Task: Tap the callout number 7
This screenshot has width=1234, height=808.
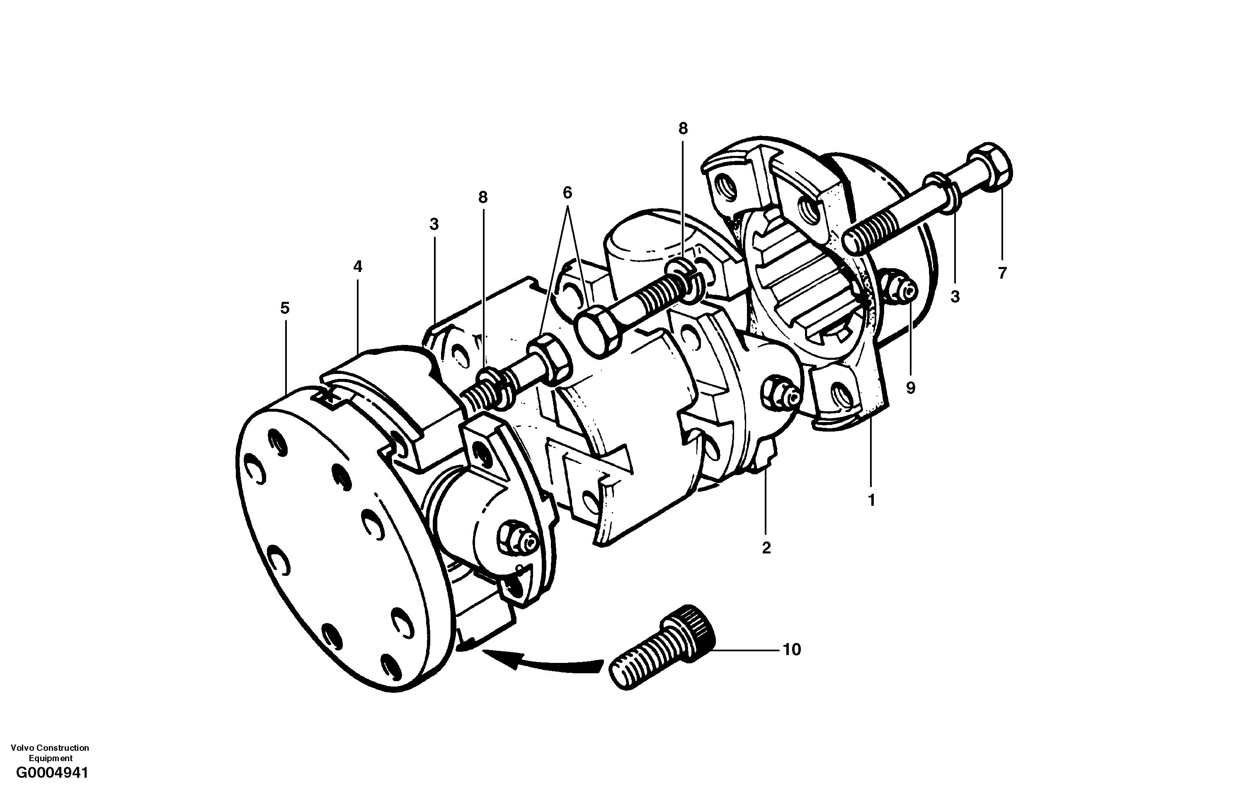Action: (1002, 273)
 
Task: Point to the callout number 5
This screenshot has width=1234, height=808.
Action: (285, 308)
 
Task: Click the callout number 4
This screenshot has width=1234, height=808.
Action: (358, 267)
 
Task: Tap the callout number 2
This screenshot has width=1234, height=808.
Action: (766, 548)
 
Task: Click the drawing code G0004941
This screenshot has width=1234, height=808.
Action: (52, 787)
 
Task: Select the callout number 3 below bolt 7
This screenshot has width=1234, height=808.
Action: (955, 297)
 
